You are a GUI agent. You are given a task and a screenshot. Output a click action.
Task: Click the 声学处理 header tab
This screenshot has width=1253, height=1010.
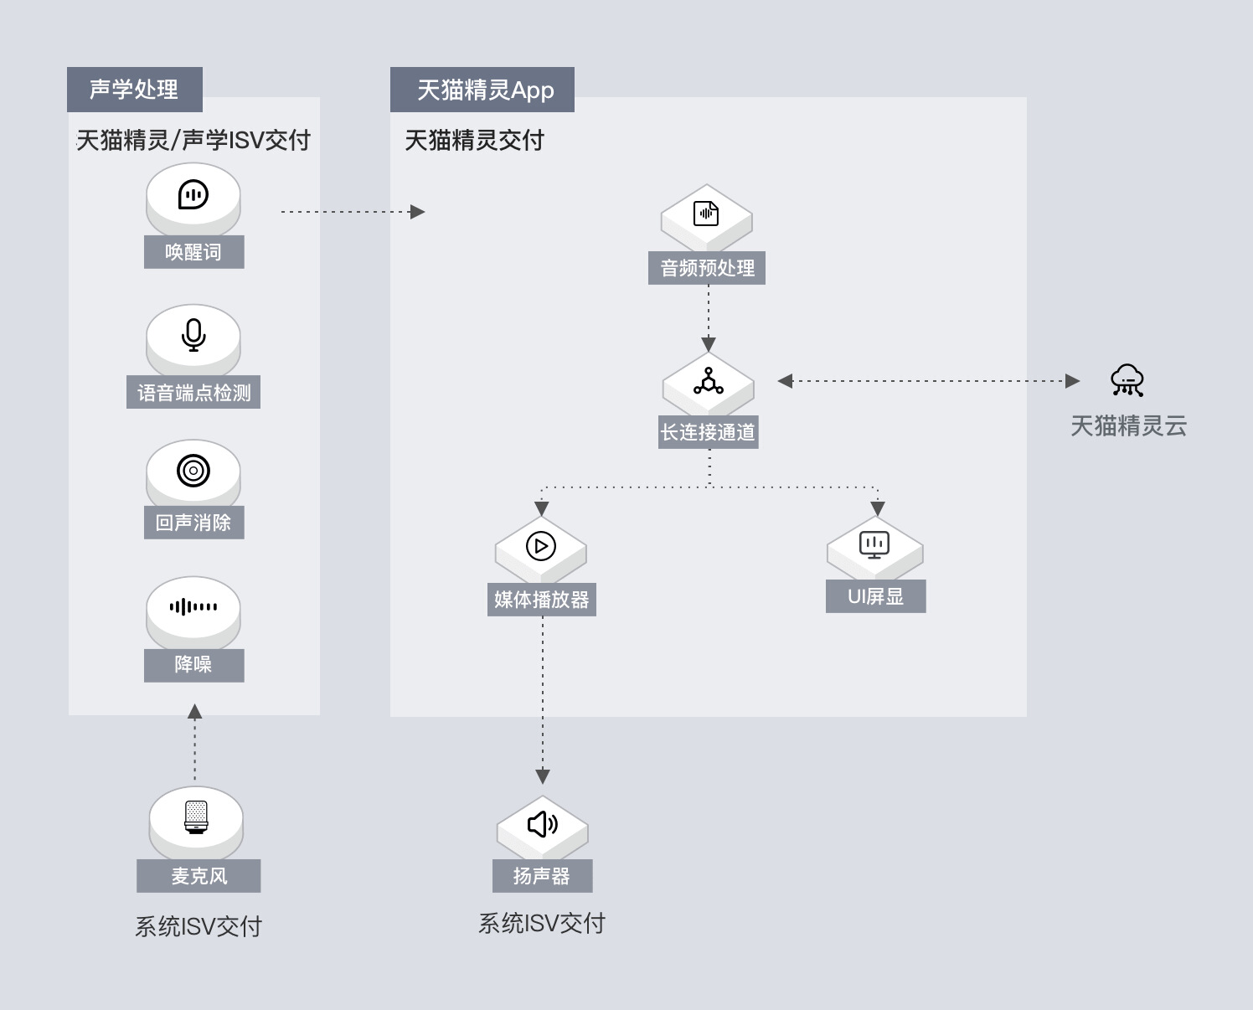pyautogui.click(x=135, y=89)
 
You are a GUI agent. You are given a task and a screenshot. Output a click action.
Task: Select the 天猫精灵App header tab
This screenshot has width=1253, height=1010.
pyautogui.click(x=482, y=89)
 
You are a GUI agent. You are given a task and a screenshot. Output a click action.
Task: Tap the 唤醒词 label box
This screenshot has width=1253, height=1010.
pyautogui.click(x=193, y=252)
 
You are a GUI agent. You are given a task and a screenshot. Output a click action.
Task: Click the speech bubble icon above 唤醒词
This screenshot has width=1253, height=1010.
pyautogui.click(x=193, y=194)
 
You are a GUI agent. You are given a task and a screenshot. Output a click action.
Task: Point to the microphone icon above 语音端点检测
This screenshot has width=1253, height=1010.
pyautogui.click(x=193, y=335)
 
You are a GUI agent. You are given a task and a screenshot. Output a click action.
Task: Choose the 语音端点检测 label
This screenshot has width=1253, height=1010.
pyautogui.click(x=193, y=392)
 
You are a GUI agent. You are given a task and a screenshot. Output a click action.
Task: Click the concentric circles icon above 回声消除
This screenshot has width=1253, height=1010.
pyautogui.click(x=193, y=471)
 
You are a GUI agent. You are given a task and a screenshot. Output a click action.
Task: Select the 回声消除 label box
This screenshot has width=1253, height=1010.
pyautogui.click(x=193, y=523)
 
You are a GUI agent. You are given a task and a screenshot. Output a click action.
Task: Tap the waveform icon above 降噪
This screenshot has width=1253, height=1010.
pyautogui.click(x=193, y=607)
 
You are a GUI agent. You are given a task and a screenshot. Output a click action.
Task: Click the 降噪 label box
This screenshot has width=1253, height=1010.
pyautogui.click(x=193, y=666)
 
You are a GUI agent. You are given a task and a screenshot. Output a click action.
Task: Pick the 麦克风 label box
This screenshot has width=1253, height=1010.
pyautogui.click(x=199, y=876)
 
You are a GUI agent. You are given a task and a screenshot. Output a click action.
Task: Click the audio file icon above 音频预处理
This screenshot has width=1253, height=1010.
pyautogui.click(x=706, y=214)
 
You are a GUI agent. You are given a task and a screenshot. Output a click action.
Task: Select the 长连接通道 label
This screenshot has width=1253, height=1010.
pyautogui.click(x=708, y=432)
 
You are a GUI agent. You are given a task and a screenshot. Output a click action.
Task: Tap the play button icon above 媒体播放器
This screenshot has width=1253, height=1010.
pyautogui.click(x=541, y=546)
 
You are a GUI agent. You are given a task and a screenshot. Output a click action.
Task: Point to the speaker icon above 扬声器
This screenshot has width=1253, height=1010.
pyautogui.click(x=542, y=824)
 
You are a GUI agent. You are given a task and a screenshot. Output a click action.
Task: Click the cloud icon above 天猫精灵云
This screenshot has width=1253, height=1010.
pyautogui.click(x=1127, y=381)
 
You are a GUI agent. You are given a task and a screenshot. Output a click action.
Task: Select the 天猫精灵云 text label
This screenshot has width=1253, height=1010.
pyautogui.click(x=1128, y=426)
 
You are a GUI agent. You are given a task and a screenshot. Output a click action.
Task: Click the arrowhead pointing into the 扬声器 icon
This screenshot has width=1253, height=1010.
pyautogui.click(x=543, y=776)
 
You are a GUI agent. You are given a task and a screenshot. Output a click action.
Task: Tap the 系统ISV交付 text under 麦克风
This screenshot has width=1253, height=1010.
pyautogui.click(x=199, y=927)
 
